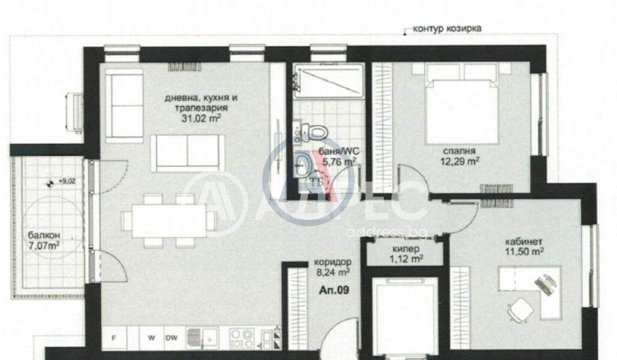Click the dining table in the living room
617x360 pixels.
click(169, 220)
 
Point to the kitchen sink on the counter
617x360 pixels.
click(202, 338)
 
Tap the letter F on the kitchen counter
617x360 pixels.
click(114, 338)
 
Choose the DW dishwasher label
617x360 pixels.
click(171, 338)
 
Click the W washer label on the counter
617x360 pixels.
click(151, 338)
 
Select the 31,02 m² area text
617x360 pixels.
click(201, 118)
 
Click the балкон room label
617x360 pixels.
click(44, 235)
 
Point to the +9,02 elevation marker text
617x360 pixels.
click(67, 182)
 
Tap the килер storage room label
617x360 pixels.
click(406, 249)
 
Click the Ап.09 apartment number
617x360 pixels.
click(334, 290)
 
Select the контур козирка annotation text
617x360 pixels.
click(447, 28)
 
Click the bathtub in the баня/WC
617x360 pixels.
click(329, 81)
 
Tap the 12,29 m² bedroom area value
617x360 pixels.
click(459, 162)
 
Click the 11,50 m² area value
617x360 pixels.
click(524, 252)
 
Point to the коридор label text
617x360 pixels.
click(333, 262)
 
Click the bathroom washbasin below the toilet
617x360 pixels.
click(302, 165)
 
